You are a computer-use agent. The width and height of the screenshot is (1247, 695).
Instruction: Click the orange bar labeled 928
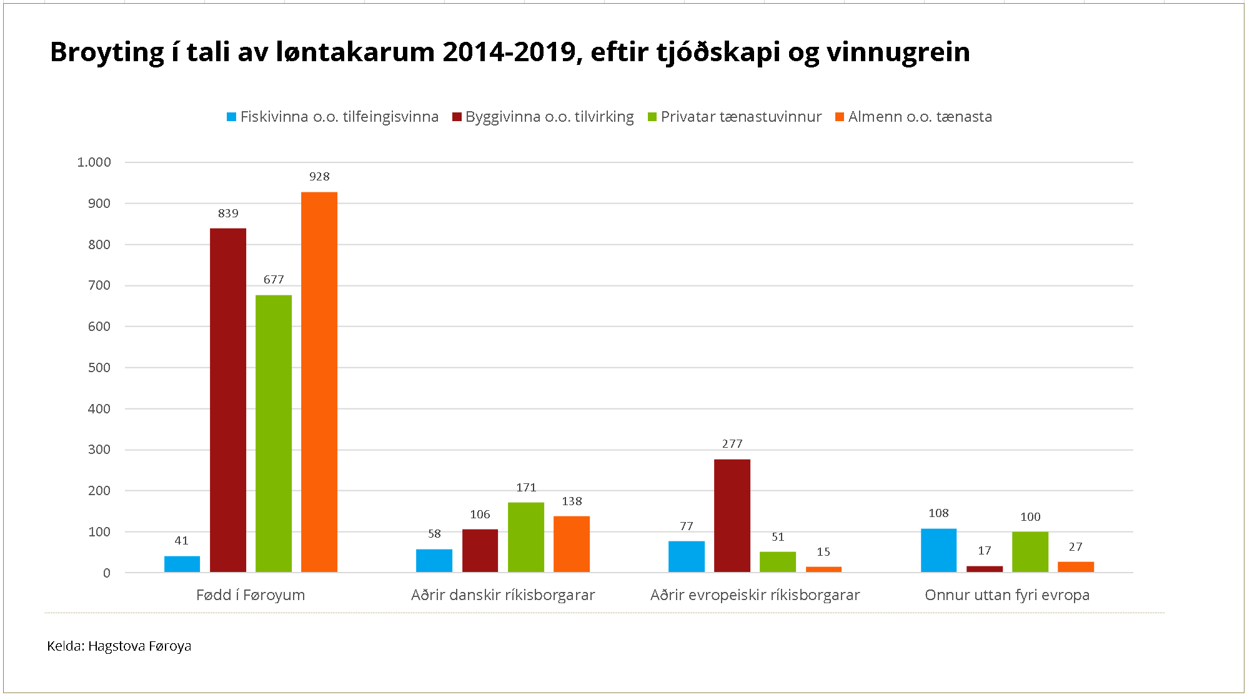(x=319, y=382)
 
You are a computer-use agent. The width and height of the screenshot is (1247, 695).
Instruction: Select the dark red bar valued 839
(x=227, y=400)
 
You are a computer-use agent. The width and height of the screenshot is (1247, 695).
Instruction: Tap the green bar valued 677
(x=273, y=433)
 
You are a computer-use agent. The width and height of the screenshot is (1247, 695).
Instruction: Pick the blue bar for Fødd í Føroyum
(x=182, y=564)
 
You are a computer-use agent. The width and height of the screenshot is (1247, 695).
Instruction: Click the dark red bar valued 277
(x=732, y=516)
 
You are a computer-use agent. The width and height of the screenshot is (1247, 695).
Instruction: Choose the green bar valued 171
(x=525, y=537)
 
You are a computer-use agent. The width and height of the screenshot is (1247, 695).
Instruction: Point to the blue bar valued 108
(x=938, y=550)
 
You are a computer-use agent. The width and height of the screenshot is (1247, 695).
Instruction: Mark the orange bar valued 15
(x=823, y=569)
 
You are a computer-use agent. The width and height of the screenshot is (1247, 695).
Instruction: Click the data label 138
(x=572, y=501)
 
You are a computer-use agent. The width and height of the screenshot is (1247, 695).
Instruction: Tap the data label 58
(x=434, y=534)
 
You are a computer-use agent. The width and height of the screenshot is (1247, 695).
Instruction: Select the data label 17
(x=984, y=551)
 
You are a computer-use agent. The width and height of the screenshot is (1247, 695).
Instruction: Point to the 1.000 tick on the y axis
(x=94, y=162)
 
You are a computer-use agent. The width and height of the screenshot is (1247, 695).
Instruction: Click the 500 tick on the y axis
(x=99, y=368)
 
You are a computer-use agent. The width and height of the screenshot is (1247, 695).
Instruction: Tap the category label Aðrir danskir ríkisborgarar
(x=503, y=595)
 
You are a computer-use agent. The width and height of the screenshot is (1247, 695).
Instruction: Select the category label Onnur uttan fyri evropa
(x=1007, y=595)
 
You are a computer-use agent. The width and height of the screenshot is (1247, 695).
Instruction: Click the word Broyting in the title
(x=107, y=52)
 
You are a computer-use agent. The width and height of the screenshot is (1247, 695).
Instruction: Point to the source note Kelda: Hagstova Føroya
(x=119, y=646)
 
